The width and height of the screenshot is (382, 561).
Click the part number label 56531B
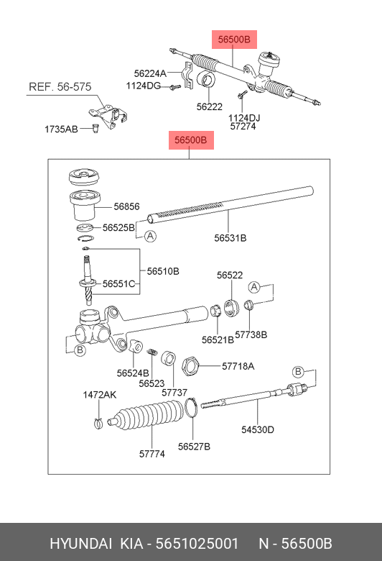pos(230,238)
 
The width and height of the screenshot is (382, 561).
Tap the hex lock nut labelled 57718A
pos(190,366)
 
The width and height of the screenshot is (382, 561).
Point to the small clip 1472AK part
pos(98,423)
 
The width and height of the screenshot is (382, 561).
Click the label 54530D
pos(258,429)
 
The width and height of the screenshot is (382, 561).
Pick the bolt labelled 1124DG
pos(175,87)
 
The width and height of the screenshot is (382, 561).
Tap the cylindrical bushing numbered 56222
pos(207,78)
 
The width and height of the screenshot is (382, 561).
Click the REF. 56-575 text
pos(60,86)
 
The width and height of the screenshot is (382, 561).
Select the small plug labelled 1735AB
pos(95,128)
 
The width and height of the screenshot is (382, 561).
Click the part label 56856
pos(126,206)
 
